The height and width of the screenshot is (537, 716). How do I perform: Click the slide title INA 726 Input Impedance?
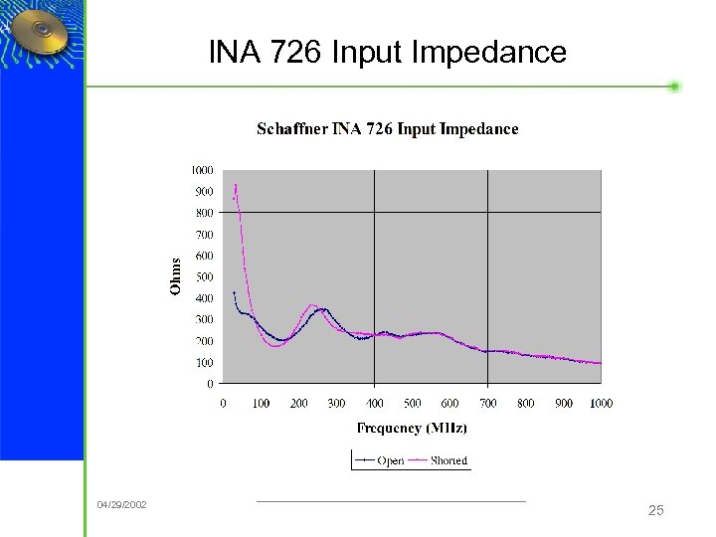click(x=387, y=52)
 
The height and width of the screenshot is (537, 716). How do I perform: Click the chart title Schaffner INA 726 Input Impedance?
click(x=387, y=129)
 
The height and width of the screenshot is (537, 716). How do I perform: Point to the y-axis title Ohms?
click(x=176, y=275)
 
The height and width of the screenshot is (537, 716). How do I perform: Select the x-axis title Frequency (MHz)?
click(x=412, y=429)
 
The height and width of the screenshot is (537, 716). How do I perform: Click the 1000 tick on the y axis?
click(x=201, y=170)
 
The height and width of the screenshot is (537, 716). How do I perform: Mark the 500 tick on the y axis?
click(x=203, y=276)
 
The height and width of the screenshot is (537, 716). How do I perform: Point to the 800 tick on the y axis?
click(x=203, y=213)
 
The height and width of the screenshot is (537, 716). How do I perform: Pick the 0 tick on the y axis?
click(x=209, y=383)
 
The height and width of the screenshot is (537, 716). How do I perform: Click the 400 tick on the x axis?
click(x=375, y=403)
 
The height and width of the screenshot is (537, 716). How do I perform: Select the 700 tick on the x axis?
click(x=488, y=403)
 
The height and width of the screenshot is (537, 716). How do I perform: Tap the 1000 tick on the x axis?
click(x=601, y=403)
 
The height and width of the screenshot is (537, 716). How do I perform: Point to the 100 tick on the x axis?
click(x=261, y=403)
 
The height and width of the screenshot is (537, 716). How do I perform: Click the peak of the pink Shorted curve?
click(x=236, y=185)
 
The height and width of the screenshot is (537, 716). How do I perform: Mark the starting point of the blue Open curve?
click(x=234, y=292)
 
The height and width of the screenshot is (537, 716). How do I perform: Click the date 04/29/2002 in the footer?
click(x=121, y=505)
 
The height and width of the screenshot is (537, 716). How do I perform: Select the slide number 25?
click(x=655, y=510)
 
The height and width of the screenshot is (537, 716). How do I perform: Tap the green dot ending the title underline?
click(x=674, y=87)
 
